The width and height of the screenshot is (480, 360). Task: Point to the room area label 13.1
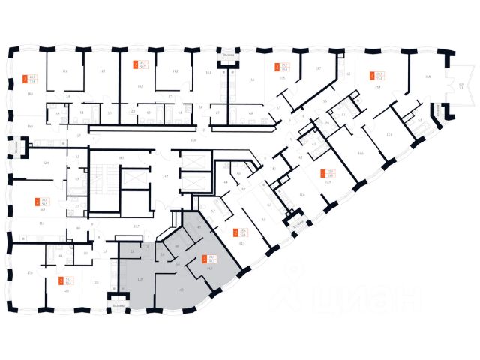coord(388,135)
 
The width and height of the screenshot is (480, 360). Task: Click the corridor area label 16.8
coord(193,139)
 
